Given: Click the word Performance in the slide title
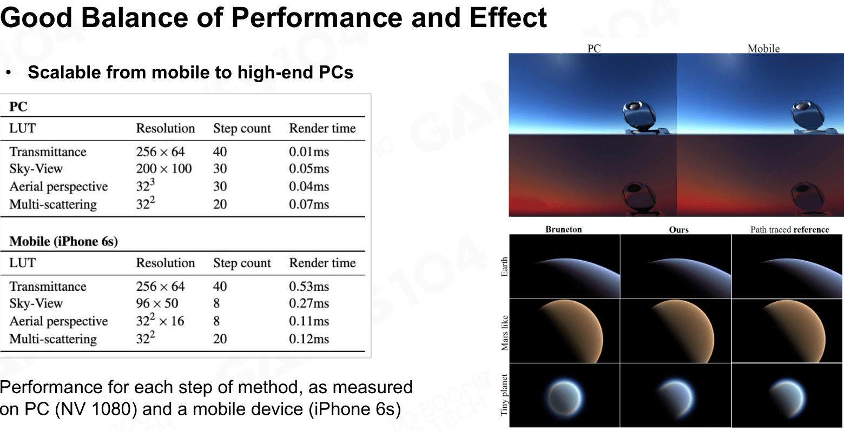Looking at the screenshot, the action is point(316,18).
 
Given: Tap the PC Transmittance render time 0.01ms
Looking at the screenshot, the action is point(309,152).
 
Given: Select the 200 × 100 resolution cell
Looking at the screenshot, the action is point(164,168).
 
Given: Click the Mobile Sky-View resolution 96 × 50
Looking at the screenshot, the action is point(157,303).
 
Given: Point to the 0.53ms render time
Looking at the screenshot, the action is point(309,286).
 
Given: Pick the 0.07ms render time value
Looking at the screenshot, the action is point(309,204).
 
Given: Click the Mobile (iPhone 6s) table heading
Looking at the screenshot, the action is point(64,241).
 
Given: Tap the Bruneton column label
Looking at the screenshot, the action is point(564,229).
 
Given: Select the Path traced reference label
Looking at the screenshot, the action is point(790,229).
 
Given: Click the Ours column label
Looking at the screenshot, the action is point(678,229).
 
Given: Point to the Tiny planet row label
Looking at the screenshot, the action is point(504,395).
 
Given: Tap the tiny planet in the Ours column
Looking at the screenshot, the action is point(675,398).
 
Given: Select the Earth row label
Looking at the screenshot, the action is point(504,267).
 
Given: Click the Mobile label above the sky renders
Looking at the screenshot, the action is point(763,49).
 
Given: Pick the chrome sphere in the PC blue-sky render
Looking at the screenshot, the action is point(639,115).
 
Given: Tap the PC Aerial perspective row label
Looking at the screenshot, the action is point(59,187).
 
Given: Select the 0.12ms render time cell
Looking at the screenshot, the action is point(309,339).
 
